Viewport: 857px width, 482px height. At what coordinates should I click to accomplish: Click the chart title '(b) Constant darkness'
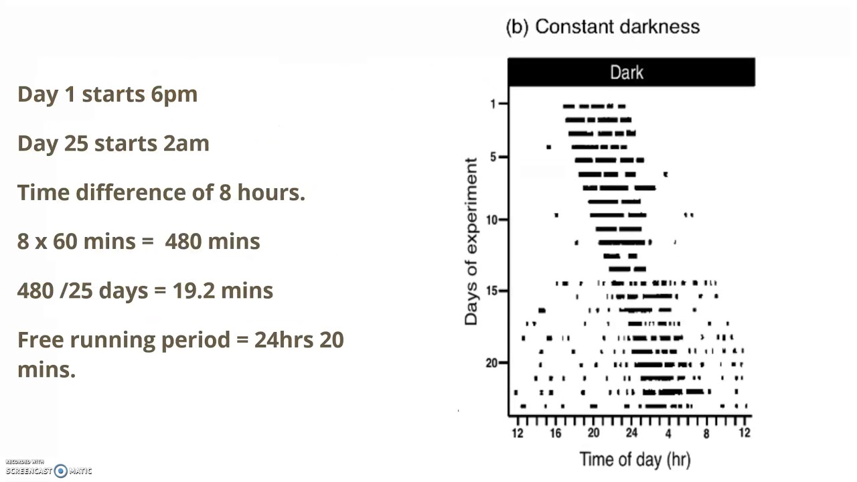tap(603, 27)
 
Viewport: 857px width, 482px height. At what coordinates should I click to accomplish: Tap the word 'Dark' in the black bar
tap(627, 72)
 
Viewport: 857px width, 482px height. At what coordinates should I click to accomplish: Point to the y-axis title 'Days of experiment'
tap(471, 242)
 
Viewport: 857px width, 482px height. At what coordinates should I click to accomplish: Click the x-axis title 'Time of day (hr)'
tap(634, 459)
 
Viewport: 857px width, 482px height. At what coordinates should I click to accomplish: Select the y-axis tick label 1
tap(493, 104)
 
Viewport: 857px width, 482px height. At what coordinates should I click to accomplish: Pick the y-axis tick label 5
tap(493, 157)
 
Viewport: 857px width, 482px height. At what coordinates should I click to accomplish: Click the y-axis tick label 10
tap(491, 220)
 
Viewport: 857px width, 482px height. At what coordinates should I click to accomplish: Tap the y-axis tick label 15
tap(491, 291)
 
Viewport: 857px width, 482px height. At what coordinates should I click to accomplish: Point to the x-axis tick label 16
tap(555, 433)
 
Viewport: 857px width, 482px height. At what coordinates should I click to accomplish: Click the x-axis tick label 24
tap(631, 433)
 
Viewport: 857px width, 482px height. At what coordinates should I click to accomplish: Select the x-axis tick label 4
tap(668, 433)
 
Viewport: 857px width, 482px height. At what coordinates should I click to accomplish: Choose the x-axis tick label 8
tap(706, 433)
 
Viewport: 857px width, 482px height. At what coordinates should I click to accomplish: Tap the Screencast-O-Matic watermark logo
tap(61, 471)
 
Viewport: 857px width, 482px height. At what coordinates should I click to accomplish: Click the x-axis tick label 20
tap(593, 433)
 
